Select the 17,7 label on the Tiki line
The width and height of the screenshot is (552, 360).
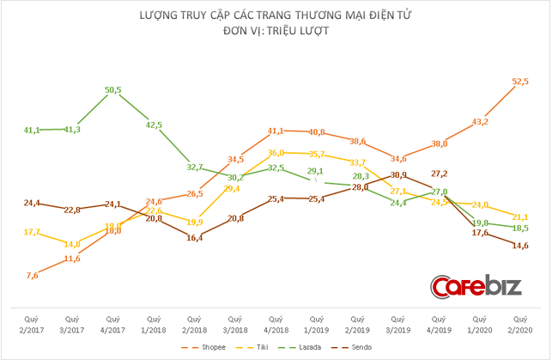[31, 231]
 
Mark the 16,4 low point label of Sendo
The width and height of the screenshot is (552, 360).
[195, 237]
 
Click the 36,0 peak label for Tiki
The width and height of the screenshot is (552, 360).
[276, 152]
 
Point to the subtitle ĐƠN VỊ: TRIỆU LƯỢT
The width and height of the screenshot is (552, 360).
[276, 30]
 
